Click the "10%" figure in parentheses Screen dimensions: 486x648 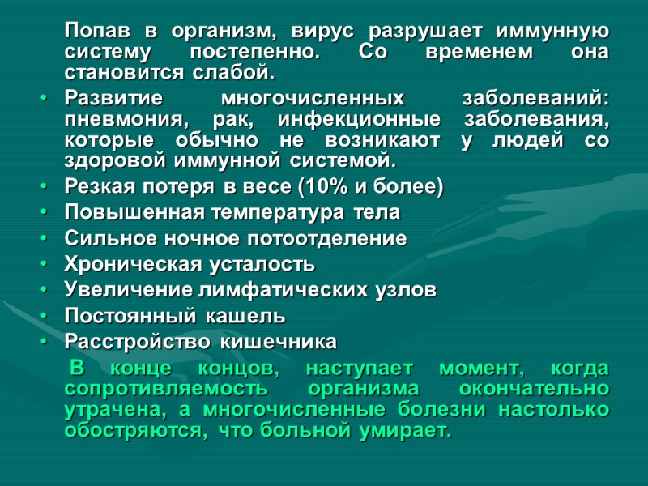click(x=324, y=188)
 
